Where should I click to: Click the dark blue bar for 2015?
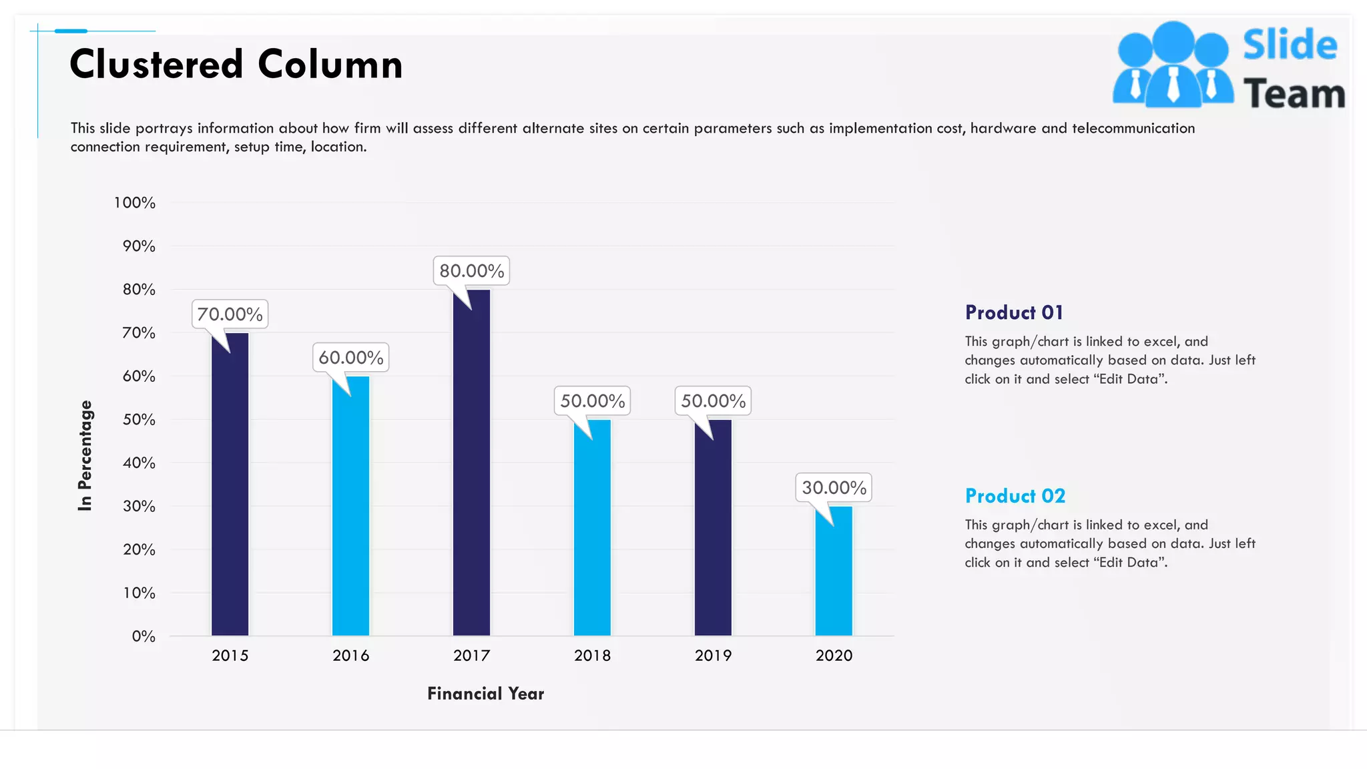230,484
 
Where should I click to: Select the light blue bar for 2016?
350,506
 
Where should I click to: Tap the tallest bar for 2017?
471,462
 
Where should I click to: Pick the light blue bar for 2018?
592,527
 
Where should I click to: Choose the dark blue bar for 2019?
713,527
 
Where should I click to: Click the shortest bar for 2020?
834,571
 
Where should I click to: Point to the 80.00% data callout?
471,271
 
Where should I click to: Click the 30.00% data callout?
834,488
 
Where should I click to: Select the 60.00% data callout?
350,358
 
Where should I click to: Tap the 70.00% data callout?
230,314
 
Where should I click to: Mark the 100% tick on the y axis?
135,203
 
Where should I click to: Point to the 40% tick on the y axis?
139,463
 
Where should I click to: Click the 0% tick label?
144,637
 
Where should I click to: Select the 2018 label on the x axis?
592,656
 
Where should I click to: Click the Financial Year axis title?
485,694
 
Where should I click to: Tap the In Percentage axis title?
85,456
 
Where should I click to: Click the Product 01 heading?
1014,312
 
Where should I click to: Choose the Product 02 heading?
1015,496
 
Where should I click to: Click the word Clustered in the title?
156,65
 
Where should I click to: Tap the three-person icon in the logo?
1173,65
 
